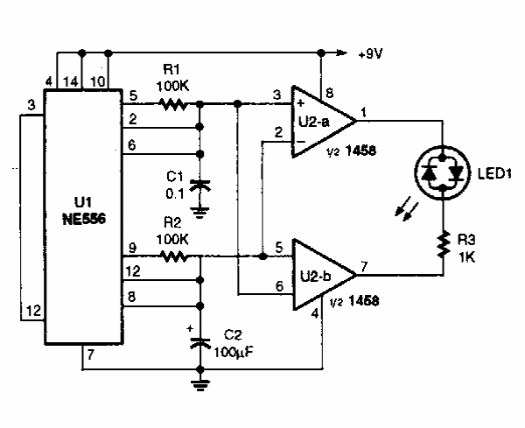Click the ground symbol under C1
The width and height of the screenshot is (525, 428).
click(201, 209)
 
